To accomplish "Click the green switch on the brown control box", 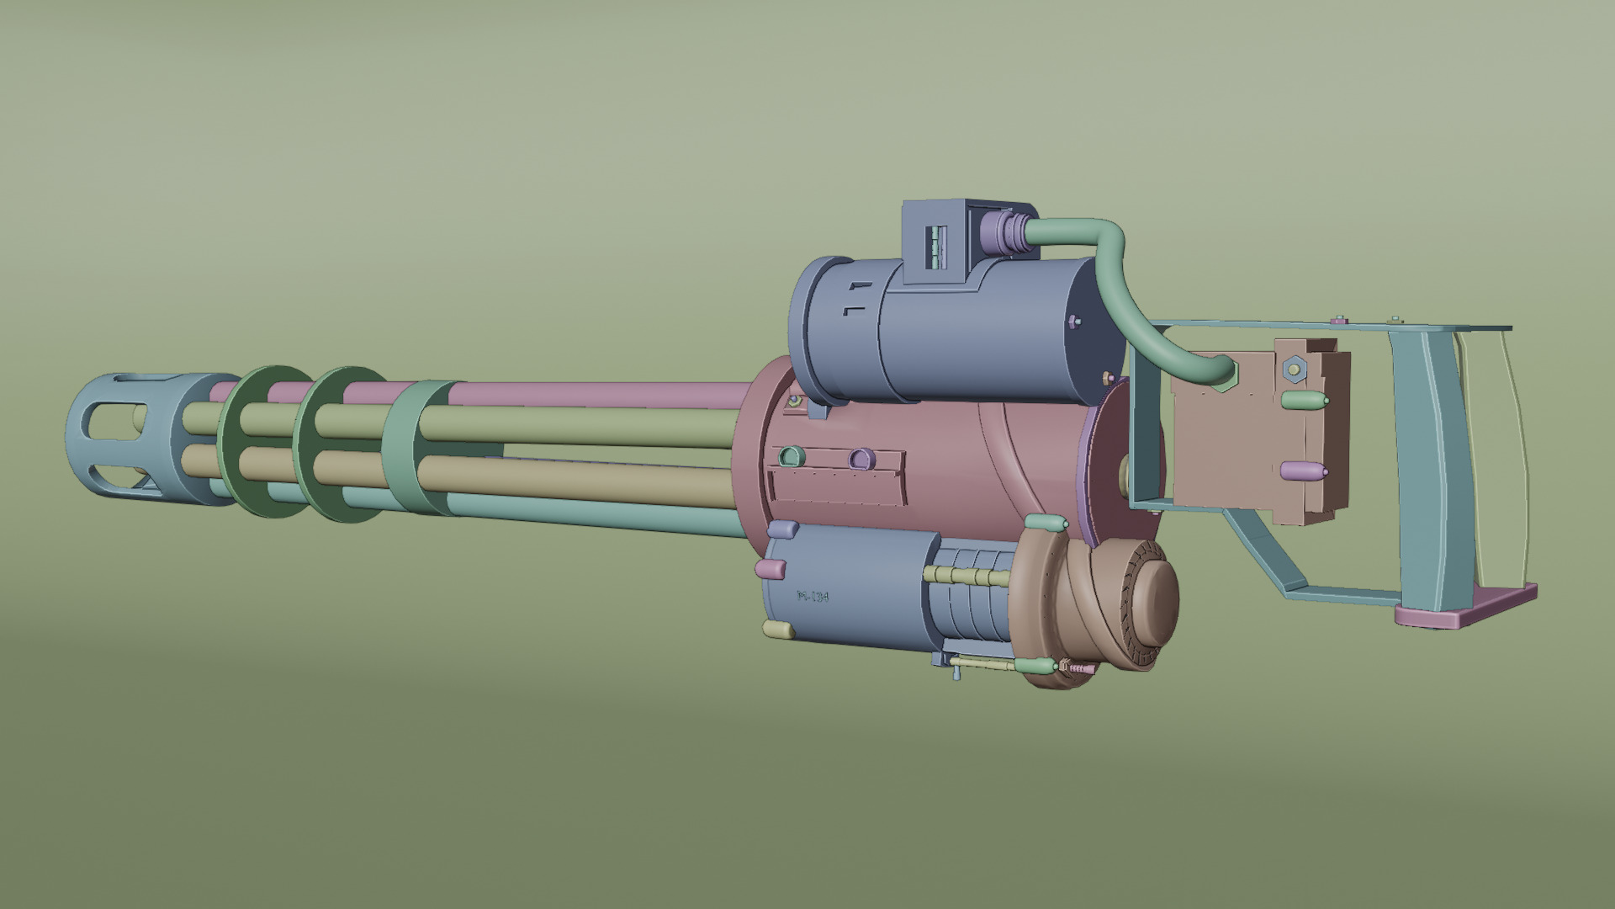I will click(x=1304, y=401).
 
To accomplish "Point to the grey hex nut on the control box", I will click(x=1294, y=368).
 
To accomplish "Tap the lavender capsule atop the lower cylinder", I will click(x=783, y=529).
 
